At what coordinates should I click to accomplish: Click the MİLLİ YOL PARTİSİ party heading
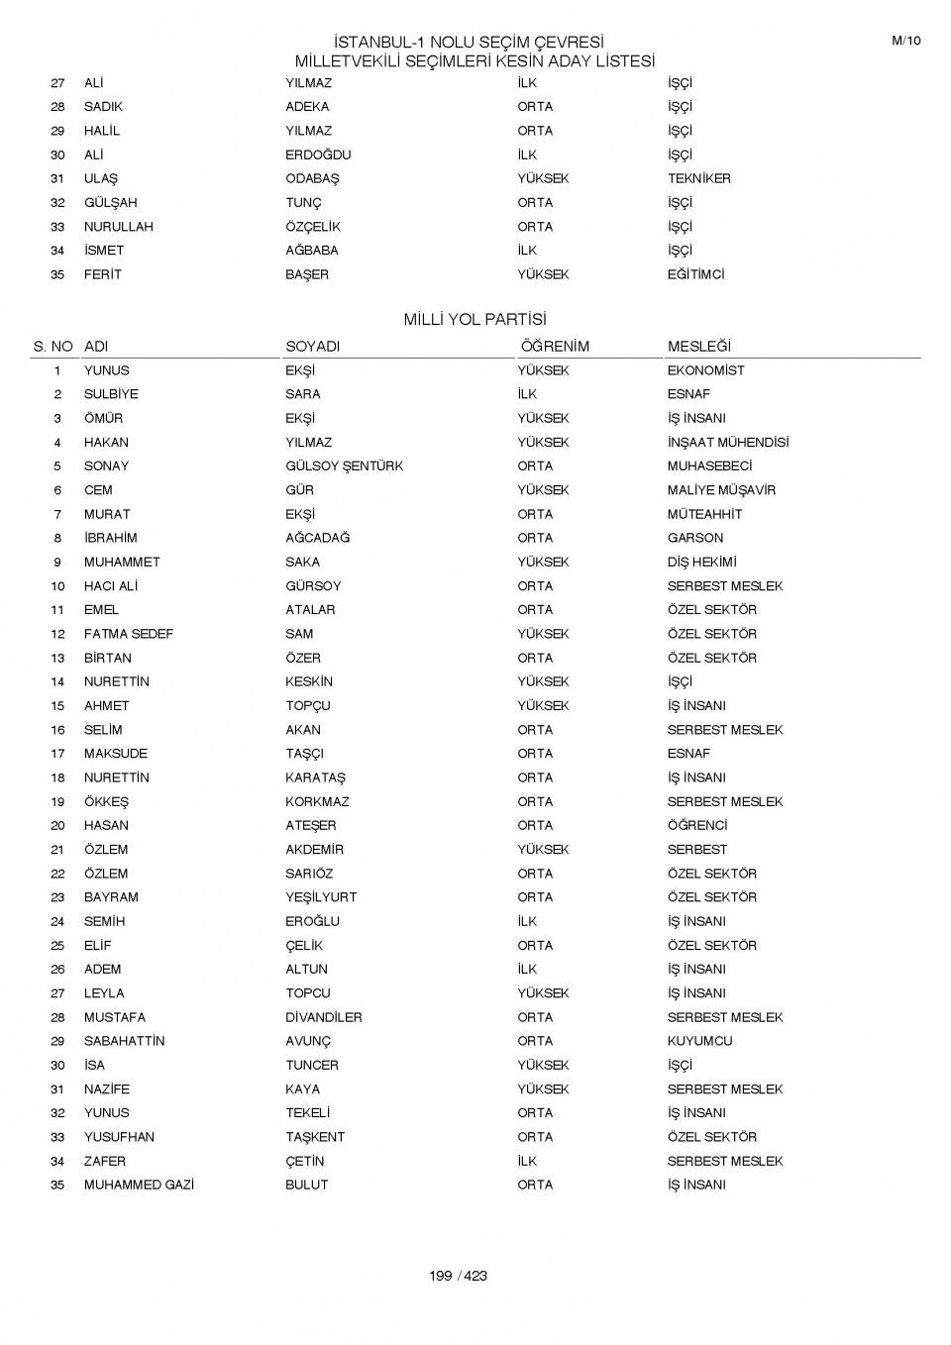tap(475, 320)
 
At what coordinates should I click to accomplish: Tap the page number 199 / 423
tap(458, 1276)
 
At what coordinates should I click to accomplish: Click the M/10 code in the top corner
tap(905, 41)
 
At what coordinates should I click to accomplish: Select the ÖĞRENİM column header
tap(553, 347)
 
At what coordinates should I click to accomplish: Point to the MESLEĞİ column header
tap(698, 347)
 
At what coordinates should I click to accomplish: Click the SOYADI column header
tap(312, 347)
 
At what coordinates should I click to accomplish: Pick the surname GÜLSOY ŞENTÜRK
tap(344, 466)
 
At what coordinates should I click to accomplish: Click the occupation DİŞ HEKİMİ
tap(701, 562)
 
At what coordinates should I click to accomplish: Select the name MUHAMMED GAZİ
tap(139, 1185)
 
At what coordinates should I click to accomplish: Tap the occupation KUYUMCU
tap(699, 1041)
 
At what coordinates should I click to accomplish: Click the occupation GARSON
tap(694, 538)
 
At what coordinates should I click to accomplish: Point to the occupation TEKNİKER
tap(698, 179)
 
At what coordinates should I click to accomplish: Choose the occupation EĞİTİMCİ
tap(695, 274)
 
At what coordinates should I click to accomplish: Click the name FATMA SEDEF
tap(128, 634)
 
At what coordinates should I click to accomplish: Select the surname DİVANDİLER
tap(323, 1017)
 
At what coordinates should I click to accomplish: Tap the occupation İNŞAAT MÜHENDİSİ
tap(727, 443)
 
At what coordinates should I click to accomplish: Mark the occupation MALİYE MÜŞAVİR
tap(721, 490)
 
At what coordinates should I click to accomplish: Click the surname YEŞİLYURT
tap(321, 897)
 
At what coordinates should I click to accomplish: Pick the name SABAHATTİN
tap(124, 1041)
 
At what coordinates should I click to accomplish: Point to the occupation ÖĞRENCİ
tap(697, 825)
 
